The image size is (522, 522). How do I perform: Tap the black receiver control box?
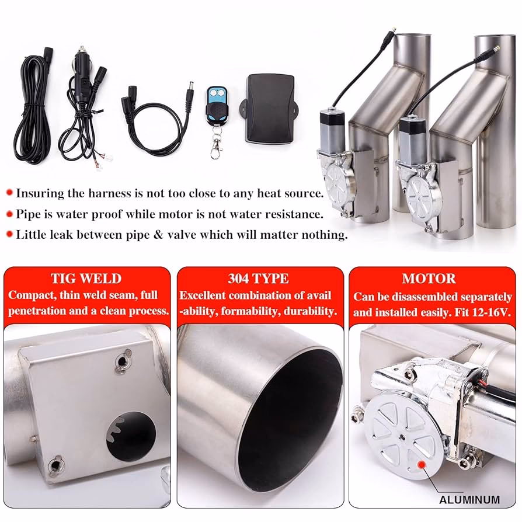click(x=270, y=108)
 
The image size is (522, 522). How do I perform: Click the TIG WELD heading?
click(x=86, y=279)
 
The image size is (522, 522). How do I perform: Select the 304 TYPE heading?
click(x=258, y=279)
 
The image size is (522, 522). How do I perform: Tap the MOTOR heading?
click(x=429, y=279)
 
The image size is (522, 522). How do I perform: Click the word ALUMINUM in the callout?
click(x=469, y=500)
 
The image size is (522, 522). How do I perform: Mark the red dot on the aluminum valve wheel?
click(x=422, y=464)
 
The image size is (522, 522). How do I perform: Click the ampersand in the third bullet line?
click(x=158, y=235)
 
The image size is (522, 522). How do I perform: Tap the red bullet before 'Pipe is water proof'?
click(x=9, y=214)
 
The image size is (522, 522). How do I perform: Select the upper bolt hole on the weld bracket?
click(x=123, y=361)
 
